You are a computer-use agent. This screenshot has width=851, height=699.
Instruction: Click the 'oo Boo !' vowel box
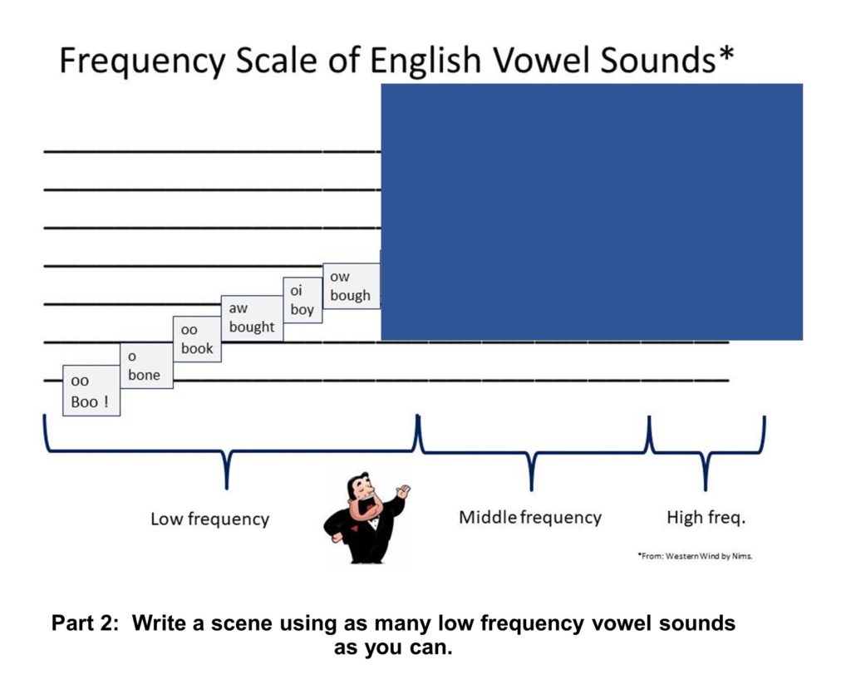click(91, 391)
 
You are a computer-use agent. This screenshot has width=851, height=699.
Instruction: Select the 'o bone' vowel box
click(146, 366)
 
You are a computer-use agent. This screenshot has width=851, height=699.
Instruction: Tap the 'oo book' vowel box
click(197, 339)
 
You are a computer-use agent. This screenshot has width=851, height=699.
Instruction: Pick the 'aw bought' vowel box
click(252, 318)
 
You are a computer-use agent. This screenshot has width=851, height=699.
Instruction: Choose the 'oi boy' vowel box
click(303, 300)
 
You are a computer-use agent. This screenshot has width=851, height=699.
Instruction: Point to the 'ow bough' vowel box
click(352, 286)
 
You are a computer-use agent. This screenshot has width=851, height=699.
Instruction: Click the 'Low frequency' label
click(210, 519)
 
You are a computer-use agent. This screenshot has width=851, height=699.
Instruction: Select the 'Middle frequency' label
click(530, 517)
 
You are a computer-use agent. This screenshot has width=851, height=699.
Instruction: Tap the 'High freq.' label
click(706, 517)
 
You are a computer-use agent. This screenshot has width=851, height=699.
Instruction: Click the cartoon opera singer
click(366, 519)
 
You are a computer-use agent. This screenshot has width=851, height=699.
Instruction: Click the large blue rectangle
click(592, 212)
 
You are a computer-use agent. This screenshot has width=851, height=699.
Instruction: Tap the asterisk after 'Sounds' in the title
click(726, 53)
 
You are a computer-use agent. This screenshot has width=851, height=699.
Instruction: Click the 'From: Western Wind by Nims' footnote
click(696, 556)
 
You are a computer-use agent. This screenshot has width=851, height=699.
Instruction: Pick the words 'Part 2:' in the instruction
click(85, 623)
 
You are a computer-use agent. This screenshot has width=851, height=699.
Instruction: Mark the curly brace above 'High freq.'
click(706, 452)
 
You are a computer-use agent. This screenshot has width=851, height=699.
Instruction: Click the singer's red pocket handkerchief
click(354, 528)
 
